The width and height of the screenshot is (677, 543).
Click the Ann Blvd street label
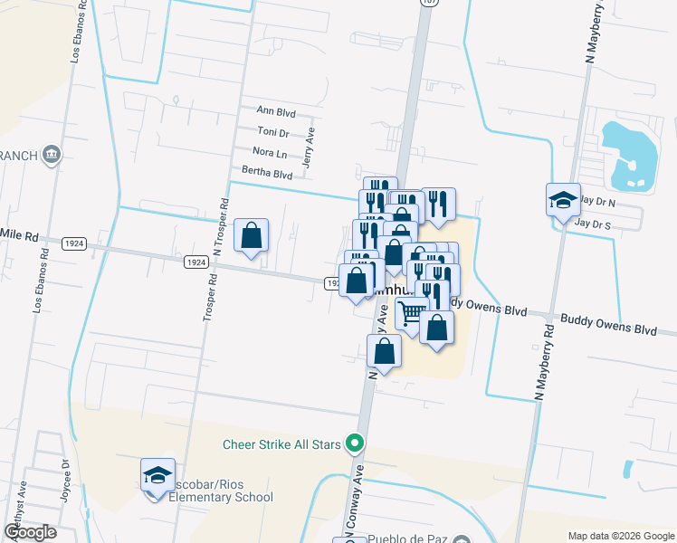pos(276,112)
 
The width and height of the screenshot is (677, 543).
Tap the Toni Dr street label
pos(272,132)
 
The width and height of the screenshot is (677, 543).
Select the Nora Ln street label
pos(270,153)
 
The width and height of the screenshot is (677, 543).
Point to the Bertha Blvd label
pos(266,173)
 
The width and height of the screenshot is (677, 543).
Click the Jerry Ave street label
pos(310,148)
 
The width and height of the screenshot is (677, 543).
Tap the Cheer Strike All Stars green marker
pos(356,443)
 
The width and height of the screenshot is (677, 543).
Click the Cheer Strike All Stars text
pos(283,444)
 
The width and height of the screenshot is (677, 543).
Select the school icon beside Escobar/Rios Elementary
pos(157,474)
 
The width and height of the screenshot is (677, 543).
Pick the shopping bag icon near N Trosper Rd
pos(252,235)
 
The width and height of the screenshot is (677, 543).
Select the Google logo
pos(30,533)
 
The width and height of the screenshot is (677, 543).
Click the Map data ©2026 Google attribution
pos(620,536)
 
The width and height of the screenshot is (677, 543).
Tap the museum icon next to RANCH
pos(52,156)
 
